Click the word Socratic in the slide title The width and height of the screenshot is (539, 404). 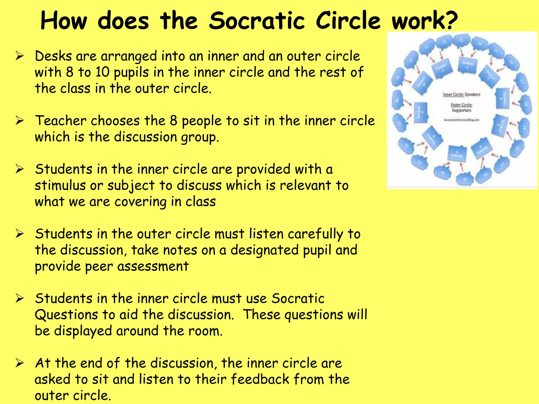(x=257, y=21)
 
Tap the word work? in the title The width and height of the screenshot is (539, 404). (x=425, y=21)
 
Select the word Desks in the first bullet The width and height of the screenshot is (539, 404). (x=53, y=56)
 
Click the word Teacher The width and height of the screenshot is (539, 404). (x=61, y=121)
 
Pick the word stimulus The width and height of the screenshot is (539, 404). (x=60, y=186)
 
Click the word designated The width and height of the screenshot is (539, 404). (x=264, y=250)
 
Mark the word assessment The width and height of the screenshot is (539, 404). (x=153, y=266)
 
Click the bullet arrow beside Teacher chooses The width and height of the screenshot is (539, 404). (x=20, y=121)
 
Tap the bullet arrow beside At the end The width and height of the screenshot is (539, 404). (x=20, y=363)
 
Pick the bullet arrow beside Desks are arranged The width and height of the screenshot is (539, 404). (x=20, y=56)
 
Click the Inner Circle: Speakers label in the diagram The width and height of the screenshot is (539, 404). (x=461, y=94)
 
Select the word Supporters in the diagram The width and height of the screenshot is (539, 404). (x=461, y=110)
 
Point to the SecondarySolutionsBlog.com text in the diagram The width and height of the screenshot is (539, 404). (x=461, y=120)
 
